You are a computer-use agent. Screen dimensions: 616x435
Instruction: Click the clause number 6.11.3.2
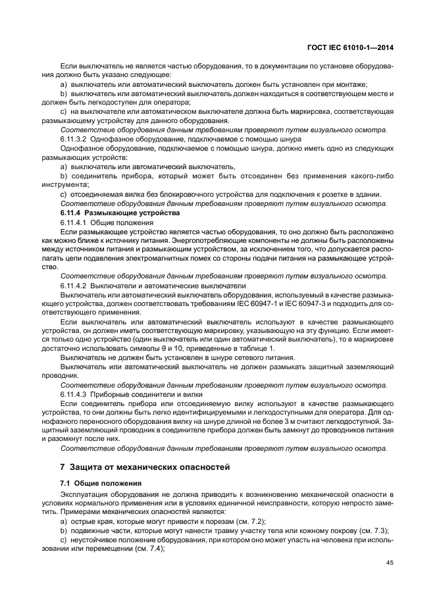(74, 140)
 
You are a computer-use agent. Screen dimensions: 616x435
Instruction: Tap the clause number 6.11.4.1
(74, 223)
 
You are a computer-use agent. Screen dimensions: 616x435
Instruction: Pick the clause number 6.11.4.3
(74, 394)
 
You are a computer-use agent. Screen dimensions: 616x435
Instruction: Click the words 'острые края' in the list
(88, 521)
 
